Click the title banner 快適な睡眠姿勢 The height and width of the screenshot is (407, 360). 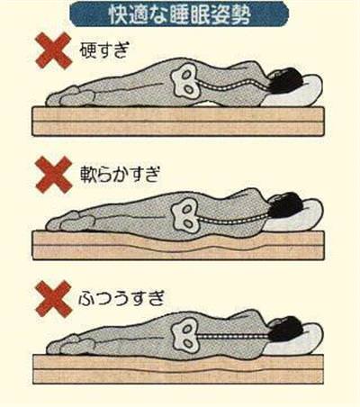pyautogui.click(x=179, y=14)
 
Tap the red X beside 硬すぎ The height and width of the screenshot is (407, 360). pyautogui.click(x=53, y=50)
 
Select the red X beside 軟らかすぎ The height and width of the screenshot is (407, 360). pyautogui.click(x=53, y=175)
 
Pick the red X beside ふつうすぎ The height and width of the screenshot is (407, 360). pyautogui.click(x=53, y=299)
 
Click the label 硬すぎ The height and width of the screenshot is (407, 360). pyautogui.click(x=104, y=50)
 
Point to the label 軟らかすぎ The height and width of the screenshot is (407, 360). pyautogui.click(x=119, y=175)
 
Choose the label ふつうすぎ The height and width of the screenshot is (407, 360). pyautogui.click(x=121, y=298)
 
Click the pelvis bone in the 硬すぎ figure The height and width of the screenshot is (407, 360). pyautogui.click(x=186, y=81)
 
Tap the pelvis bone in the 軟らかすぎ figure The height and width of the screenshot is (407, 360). pyautogui.click(x=186, y=215)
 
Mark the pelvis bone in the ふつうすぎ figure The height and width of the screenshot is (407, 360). pyautogui.click(x=186, y=335)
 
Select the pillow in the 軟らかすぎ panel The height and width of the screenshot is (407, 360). pyautogui.click(x=300, y=215)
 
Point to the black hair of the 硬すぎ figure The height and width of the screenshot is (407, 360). pyautogui.click(x=285, y=79)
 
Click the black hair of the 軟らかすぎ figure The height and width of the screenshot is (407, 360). pyautogui.click(x=285, y=204)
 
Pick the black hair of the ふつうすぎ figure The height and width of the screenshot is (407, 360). pyautogui.click(x=285, y=329)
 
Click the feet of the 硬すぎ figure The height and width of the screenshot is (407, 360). pyautogui.click(x=70, y=96)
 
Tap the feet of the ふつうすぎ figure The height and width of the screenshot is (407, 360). pyautogui.click(x=71, y=345)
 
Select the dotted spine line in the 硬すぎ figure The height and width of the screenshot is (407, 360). pyautogui.click(x=234, y=87)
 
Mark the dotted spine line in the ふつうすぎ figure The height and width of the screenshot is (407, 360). pyautogui.click(x=235, y=336)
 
